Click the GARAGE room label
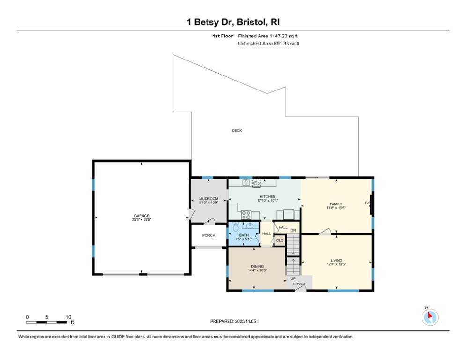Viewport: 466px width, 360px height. tap(141, 216)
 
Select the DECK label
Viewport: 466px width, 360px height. tap(237, 131)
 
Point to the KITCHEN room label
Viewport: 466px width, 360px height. tap(268, 196)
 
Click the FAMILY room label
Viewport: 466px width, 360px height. tap(336, 204)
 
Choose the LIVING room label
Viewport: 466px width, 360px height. tap(336, 260)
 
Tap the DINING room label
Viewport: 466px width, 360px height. tap(257, 266)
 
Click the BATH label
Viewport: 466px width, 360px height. tap(244, 235)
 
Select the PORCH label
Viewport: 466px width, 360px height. tap(208, 235)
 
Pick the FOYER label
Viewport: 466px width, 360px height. tap(299, 284)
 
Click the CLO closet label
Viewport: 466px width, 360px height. tap(280, 240)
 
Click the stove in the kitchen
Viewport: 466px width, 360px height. tap(246, 215)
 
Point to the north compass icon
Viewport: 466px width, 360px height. tap(429, 317)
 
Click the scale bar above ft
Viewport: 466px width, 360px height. tap(46, 322)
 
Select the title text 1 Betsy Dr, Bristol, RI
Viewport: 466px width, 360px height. tap(233, 22)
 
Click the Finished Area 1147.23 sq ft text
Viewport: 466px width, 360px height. tap(268, 36)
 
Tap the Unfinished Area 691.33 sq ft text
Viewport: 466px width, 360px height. tap(269, 44)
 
